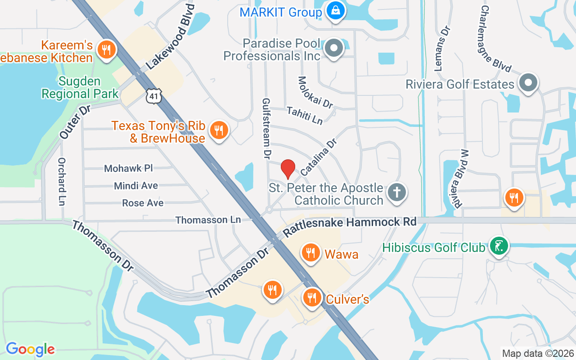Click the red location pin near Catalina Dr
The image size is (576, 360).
tap(288, 169)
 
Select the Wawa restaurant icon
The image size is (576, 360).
tap(310, 252)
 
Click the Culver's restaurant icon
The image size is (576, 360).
tap(311, 297)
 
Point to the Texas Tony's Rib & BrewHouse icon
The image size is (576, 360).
tap(219, 130)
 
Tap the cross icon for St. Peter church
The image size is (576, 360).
tap(396, 192)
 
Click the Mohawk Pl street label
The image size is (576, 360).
tap(129, 168)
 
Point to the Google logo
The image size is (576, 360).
tap(30, 349)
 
